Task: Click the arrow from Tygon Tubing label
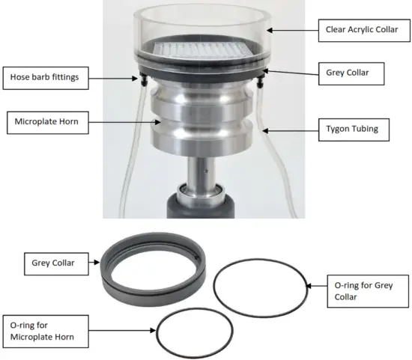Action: click(x=289, y=129)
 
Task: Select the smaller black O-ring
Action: click(x=191, y=333)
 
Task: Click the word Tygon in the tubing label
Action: click(x=336, y=128)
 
